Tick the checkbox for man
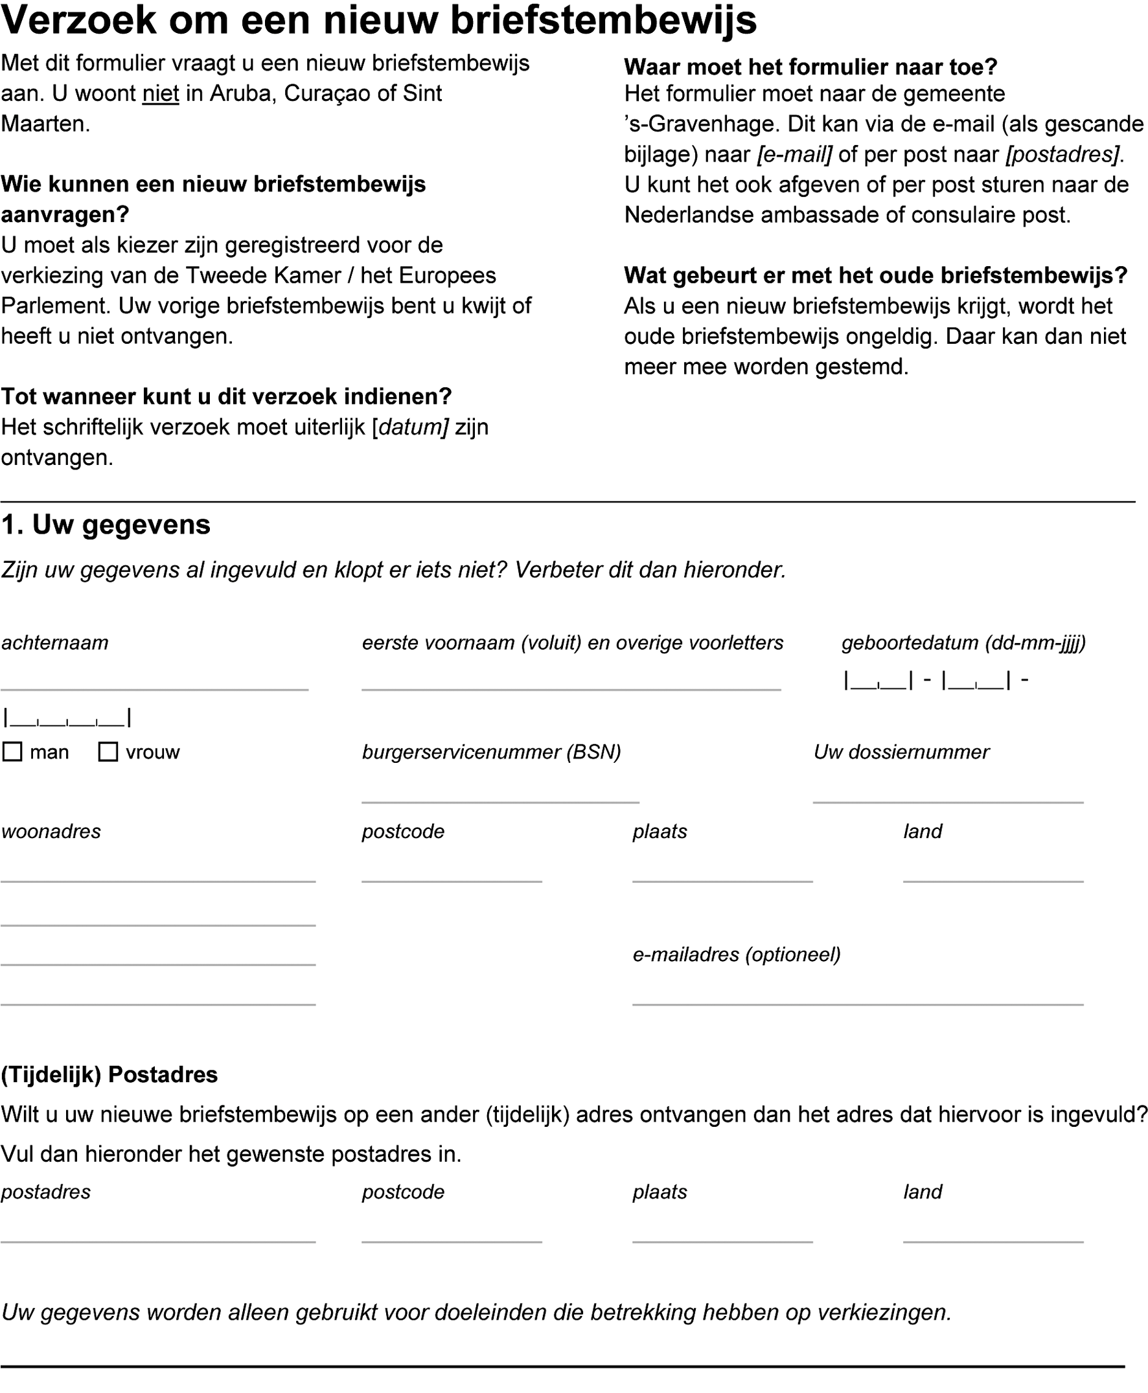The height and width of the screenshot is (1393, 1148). pos(12,752)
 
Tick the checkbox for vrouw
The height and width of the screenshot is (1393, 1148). pos(108,752)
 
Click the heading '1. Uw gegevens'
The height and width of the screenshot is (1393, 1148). pos(106,525)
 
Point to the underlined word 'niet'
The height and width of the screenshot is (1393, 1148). pos(161,94)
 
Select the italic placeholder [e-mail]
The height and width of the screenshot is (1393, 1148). pos(795,155)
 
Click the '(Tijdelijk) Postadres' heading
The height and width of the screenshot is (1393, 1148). pos(109,1074)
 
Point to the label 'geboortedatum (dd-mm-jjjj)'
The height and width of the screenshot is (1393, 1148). pos(963,642)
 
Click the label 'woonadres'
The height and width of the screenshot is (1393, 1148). pos(51,831)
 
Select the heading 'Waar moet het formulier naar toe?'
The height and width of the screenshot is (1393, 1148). pos(810,67)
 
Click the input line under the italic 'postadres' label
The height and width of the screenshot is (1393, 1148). pos(158,1234)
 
